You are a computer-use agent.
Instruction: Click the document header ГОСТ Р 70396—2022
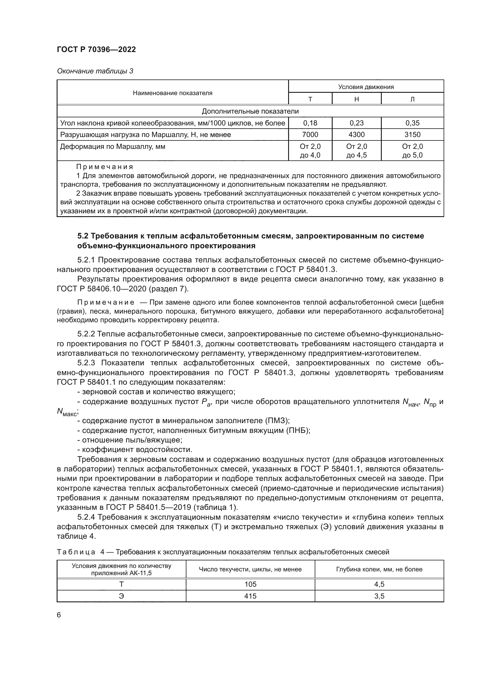click(x=96, y=49)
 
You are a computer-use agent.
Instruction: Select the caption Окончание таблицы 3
click(x=95, y=71)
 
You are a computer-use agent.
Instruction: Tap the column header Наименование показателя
click(x=173, y=93)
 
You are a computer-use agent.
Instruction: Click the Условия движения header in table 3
click(x=366, y=87)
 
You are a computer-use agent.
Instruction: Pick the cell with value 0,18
click(x=310, y=123)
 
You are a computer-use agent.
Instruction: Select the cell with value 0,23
click(x=356, y=123)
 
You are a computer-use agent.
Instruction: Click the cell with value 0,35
click(x=412, y=123)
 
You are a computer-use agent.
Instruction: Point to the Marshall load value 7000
click(x=310, y=135)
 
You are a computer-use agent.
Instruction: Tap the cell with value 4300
click(x=356, y=135)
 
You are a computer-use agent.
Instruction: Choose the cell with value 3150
click(x=412, y=135)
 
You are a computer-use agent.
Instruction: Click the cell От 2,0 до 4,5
click(x=356, y=151)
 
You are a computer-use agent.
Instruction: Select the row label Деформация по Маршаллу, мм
click(x=112, y=147)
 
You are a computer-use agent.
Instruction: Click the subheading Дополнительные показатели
click(x=250, y=111)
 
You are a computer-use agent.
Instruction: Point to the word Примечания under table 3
click(x=105, y=167)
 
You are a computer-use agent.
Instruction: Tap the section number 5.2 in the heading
click(x=83, y=236)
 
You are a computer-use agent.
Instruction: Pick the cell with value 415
click(x=250, y=596)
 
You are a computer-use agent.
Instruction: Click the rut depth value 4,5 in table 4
click(x=379, y=584)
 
